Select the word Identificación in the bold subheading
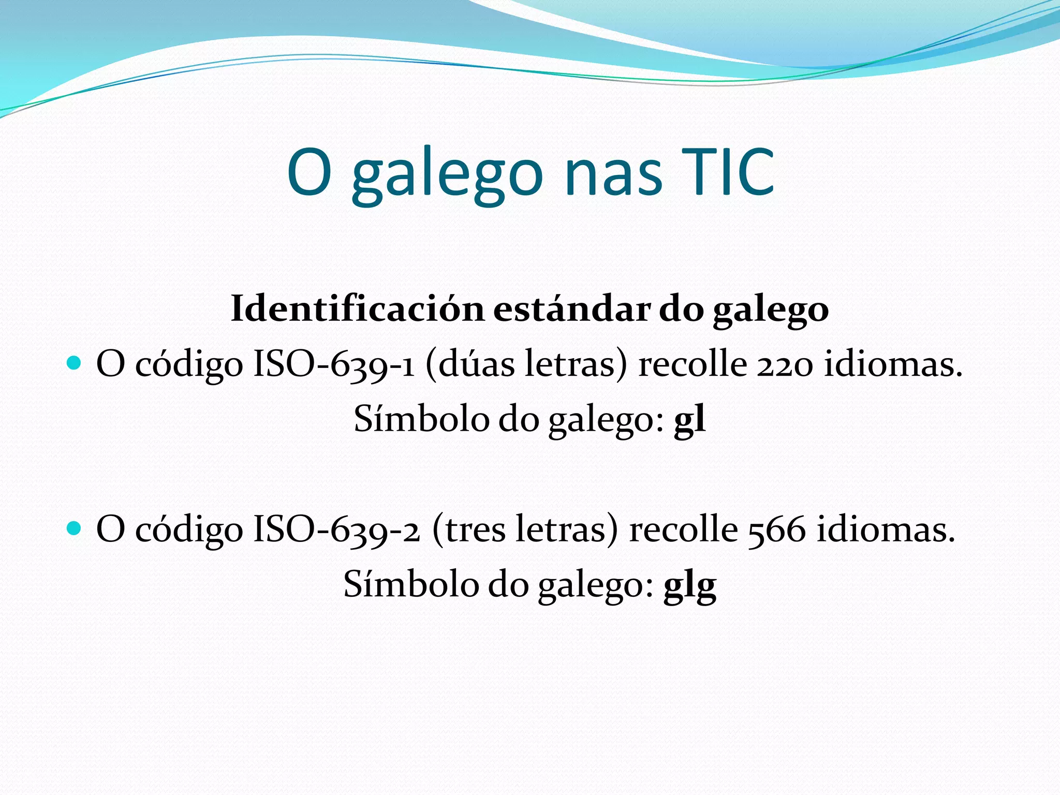pyautogui.click(x=357, y=310)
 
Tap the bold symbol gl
pyautogui.click(x=689, y=420)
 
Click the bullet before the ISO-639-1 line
pyautogui.click(x=75, y=362)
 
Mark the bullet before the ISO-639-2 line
pyautogui.click(x=75, y=528)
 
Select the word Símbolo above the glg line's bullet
pyautogui.click(x=421, y=419)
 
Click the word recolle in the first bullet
pyautogui.click(x=693, y=364)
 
